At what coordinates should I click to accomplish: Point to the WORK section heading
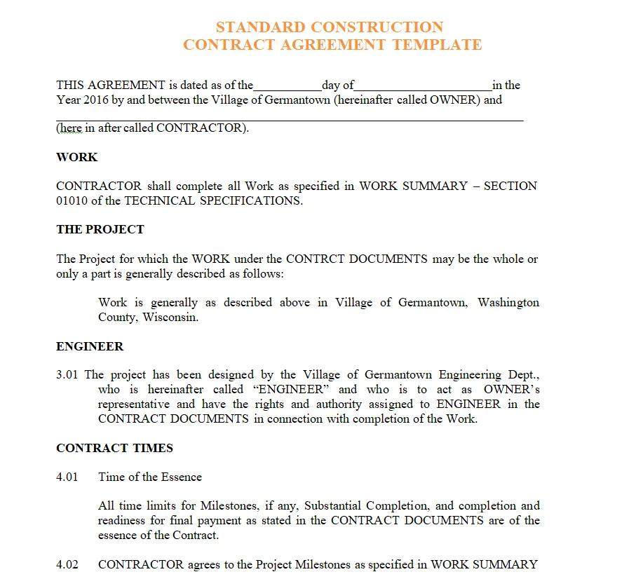click(x=77, y=157)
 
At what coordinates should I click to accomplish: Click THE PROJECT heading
click(x=100, y=229)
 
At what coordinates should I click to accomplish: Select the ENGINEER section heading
click(x=90, y=346)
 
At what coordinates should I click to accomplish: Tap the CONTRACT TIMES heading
click(x=114, y=448)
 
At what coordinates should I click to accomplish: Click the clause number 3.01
click(x=68, y=375)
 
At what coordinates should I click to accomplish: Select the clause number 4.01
click(x=68, y=477)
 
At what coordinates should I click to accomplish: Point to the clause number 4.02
click(x=68, y=564)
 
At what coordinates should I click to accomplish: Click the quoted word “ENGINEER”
click(x=290, y=390)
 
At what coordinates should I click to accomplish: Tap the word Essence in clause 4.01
click(x=182, y=477)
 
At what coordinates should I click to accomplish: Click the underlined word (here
click(x=70, y=128)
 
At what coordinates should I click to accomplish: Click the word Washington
click(x=508, y=302)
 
